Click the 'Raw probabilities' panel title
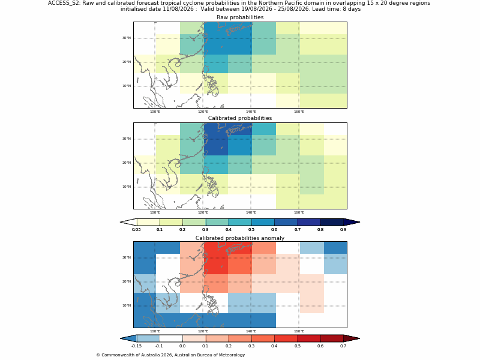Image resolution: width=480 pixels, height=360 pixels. coord(240,17)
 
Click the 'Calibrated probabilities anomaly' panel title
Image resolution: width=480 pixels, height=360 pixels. coord(240,238)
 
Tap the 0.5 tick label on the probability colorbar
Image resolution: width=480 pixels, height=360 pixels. coord(251,230)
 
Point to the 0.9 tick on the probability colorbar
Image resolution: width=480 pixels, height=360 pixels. coord(343,230)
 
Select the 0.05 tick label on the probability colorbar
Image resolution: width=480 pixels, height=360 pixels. coord(137,230)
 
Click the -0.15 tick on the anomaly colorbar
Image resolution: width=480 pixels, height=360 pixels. coord(137,346)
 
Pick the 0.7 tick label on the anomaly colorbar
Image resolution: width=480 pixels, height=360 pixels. coord(343,346)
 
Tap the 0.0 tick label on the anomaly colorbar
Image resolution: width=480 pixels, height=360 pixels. coord(182,346)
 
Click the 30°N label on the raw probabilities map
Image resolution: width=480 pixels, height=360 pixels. coord(127,38)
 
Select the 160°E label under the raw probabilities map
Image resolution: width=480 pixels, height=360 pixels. coord(299,112)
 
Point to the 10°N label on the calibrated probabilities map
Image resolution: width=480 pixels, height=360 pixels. coord(127,187)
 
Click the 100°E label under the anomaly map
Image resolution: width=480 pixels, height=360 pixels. coord(155,331)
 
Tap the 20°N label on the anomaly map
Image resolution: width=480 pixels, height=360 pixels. coord(127,281)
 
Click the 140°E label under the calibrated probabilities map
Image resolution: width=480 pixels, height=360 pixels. coord(251,212)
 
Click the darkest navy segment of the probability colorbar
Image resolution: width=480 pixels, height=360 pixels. coord(332,222)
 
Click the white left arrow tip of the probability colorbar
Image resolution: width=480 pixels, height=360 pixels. coord(128,222)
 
